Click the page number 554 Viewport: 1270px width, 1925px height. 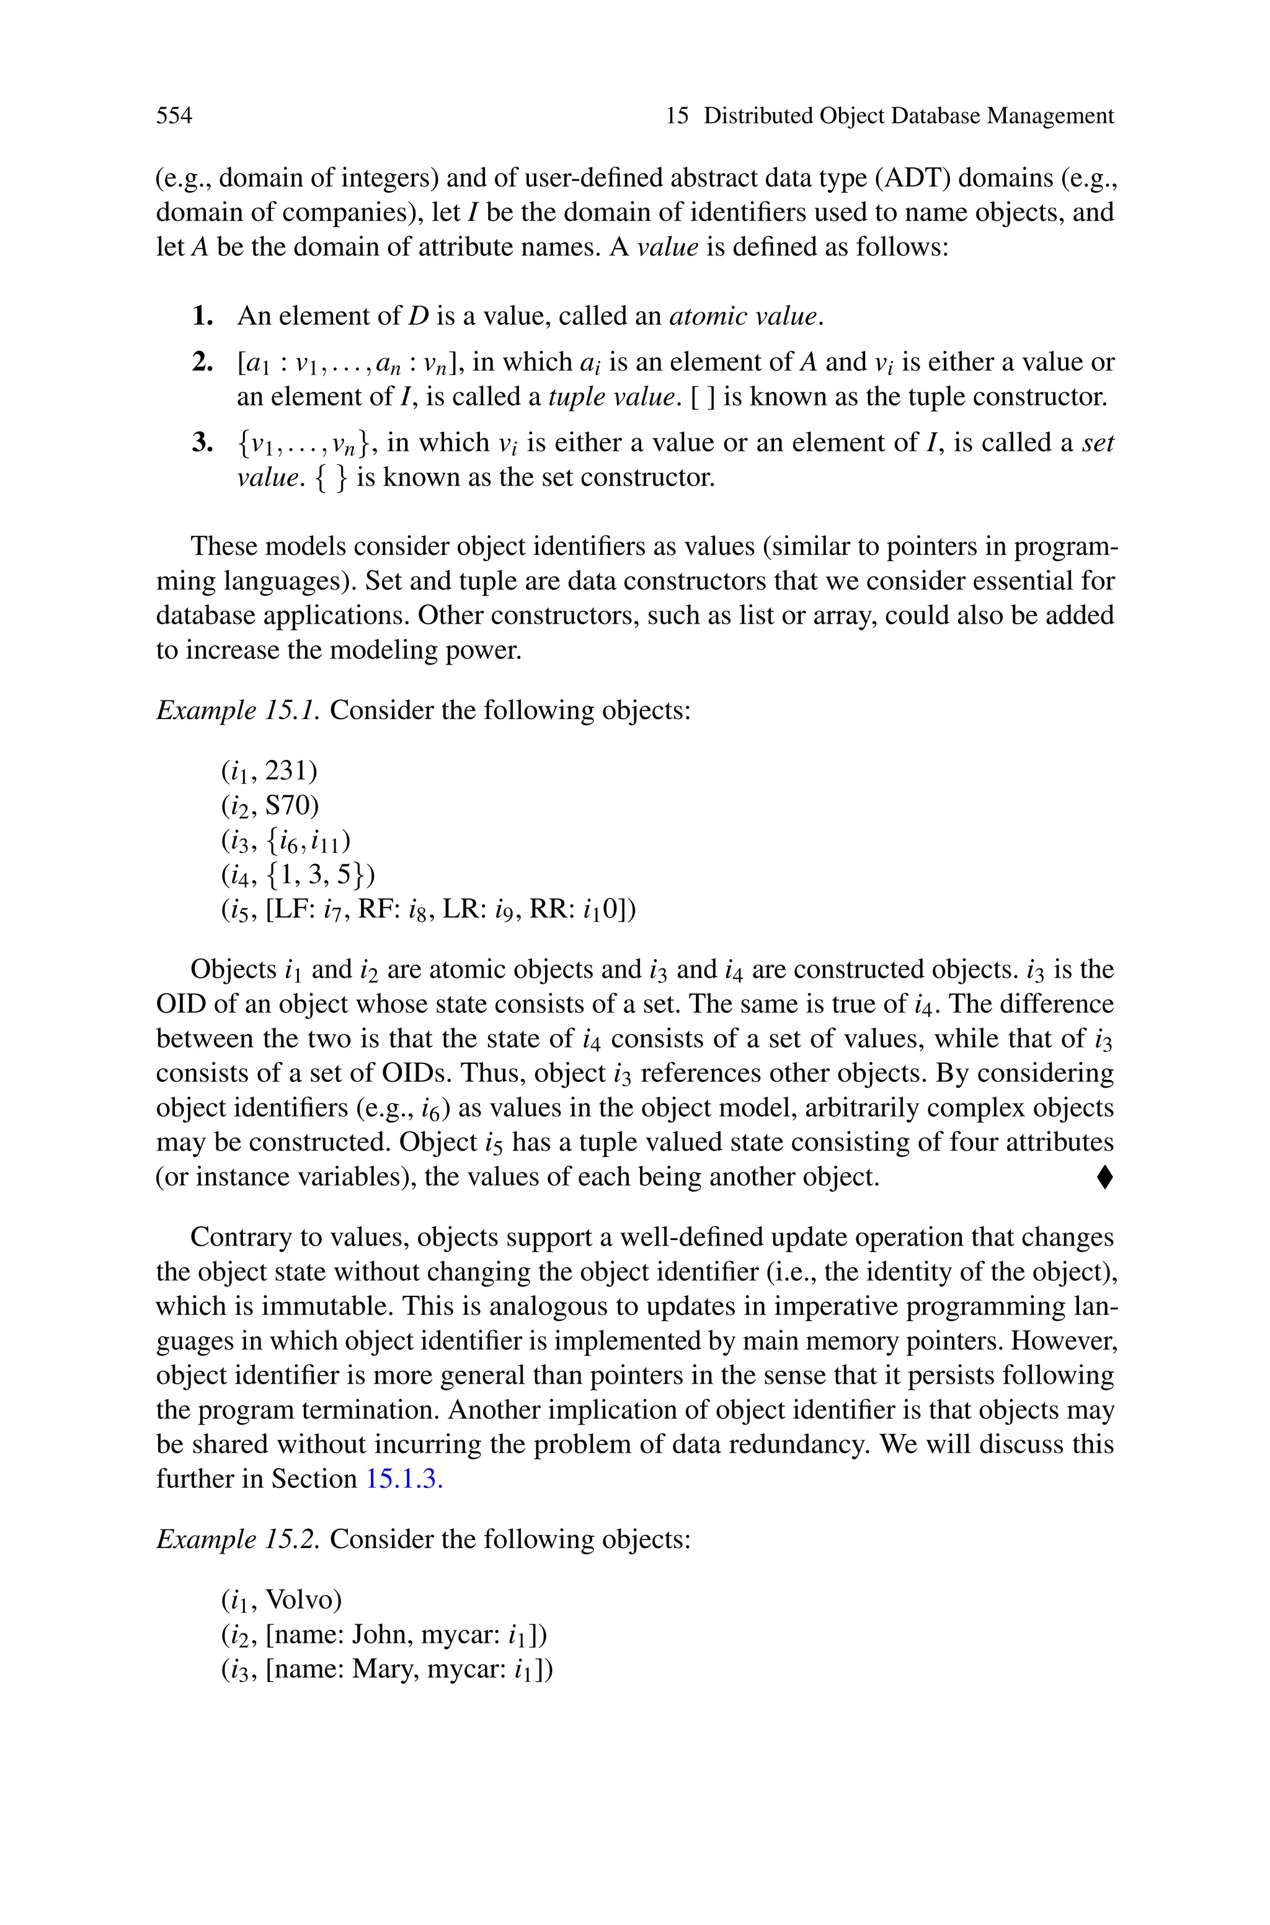174,116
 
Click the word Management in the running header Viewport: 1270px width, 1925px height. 1050,116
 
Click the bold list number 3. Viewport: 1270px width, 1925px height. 203,443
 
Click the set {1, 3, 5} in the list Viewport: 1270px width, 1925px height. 316,875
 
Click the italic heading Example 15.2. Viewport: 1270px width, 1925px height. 239,1539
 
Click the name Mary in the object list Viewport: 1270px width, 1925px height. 383,1669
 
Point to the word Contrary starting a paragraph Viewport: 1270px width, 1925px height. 236,1237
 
